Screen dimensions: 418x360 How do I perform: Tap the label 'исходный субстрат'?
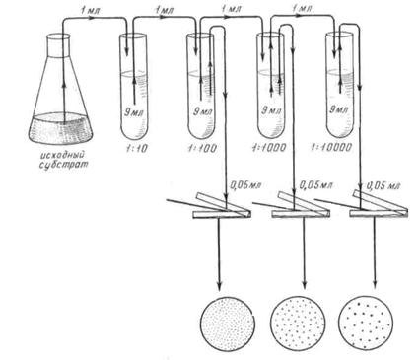(63, 160)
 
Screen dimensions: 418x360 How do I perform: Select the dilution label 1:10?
(134, 148)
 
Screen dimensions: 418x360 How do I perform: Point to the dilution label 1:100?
(201, 148)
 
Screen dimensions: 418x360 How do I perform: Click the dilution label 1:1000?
(269, 147)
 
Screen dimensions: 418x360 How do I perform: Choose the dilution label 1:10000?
(331, 147)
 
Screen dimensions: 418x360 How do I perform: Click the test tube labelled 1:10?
(133, 87)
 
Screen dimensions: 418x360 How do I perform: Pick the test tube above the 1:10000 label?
(339, 85)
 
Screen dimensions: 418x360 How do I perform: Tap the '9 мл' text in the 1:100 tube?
(202, 111)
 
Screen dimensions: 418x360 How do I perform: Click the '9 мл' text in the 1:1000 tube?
(271, 110)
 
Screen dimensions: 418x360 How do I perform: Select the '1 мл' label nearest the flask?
(90, 10)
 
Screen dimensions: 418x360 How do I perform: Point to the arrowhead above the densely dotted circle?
(219, 284)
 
